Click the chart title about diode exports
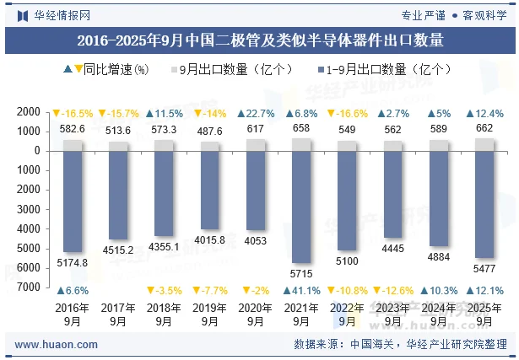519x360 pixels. pos(259,40)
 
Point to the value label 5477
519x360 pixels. pos(485,268)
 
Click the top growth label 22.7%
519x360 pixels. pos(256,114)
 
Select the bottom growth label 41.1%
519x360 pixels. pos(302,291)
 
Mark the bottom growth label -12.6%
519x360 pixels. pos(393,291)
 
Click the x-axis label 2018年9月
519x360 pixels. pos(164,314)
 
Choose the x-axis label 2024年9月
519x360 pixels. pos(439,314)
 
